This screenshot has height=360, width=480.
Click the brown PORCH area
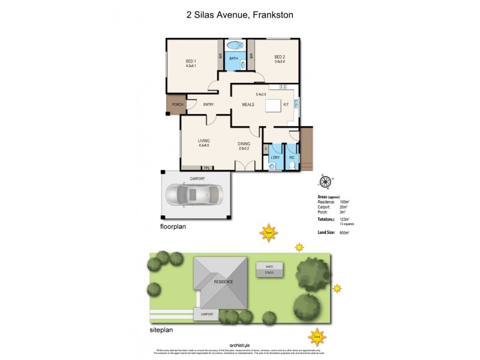click(x=177, y=105)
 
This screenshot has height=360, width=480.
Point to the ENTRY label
click(x=209, y=104)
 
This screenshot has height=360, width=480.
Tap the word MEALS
click(x=248, y=104)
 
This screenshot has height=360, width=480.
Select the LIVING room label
click(x=204, y=141)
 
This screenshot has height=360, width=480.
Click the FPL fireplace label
click(x=206, y=167)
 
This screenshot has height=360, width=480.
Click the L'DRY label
click(x=275, y=158)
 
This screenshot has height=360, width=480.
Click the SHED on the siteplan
click(x=269, y=269)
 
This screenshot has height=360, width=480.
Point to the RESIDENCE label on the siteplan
click(x=221, y=281)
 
